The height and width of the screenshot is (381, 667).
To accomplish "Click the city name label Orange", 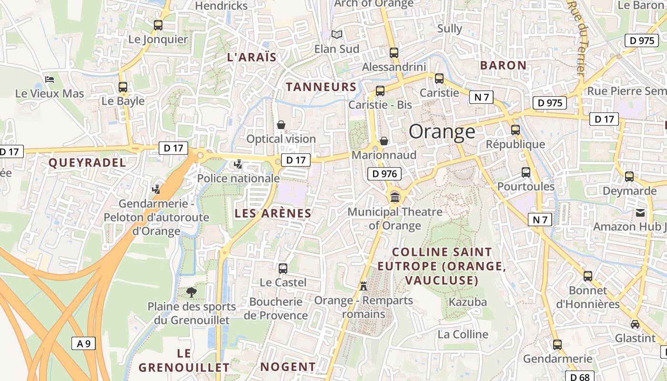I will point(442,132).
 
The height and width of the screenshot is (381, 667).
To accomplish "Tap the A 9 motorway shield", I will point(83,343).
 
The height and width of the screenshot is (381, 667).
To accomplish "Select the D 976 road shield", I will point(384,174).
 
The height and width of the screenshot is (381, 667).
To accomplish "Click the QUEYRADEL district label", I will point(87,163).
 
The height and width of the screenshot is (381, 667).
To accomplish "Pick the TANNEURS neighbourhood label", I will point(321,87).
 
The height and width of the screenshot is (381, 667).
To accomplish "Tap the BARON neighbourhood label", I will point(503,65).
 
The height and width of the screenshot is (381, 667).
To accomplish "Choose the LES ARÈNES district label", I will point(273,213).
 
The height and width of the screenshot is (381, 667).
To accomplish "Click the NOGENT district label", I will point(288,367).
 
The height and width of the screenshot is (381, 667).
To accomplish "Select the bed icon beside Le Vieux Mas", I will point(50,79).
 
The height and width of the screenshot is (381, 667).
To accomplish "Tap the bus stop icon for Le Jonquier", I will point(158,25).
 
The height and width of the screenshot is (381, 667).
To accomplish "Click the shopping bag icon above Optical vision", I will point(281,125).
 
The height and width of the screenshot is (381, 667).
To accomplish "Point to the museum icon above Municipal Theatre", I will point(394,197).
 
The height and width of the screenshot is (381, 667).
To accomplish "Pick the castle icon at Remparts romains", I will point(364,286).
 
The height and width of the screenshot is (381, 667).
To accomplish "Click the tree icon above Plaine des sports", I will point(192,292).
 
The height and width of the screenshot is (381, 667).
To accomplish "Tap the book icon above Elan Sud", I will point(337,34).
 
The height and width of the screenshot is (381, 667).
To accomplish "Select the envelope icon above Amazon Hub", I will point(640,212).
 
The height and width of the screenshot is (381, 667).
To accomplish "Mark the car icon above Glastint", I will point(635,324).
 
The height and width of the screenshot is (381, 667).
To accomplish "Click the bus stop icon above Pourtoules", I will point(526,172).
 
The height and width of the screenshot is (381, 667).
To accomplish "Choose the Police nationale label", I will point(238,179).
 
